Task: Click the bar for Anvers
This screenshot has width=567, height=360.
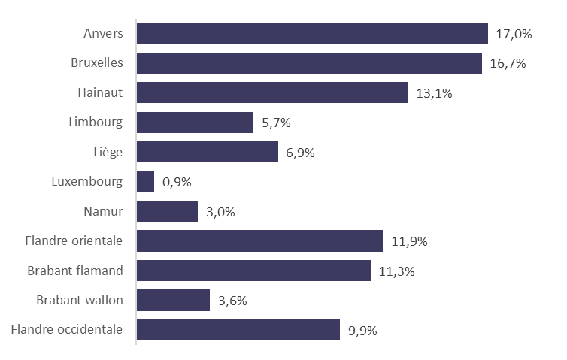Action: coord(312,34)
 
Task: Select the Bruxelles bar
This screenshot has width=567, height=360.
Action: coord(309,63)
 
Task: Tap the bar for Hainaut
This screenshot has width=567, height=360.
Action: coord(272,92)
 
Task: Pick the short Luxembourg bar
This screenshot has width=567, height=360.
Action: coord(146,181)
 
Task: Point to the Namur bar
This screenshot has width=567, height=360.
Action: coord(167,211)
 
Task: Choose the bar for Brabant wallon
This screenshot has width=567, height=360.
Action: coord(173,301)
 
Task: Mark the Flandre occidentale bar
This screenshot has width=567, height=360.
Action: coord(238,330)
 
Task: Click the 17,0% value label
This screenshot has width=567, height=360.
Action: coord(514,34)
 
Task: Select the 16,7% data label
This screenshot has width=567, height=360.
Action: coord(508,63)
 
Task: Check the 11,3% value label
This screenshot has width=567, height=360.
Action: coord(397,271)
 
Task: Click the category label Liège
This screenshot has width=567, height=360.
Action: coord(110,152)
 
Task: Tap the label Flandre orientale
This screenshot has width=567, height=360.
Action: coord(74,241)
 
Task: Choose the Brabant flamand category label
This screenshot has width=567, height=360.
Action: coord(76,271)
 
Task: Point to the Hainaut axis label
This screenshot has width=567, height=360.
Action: coord(100,92)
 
